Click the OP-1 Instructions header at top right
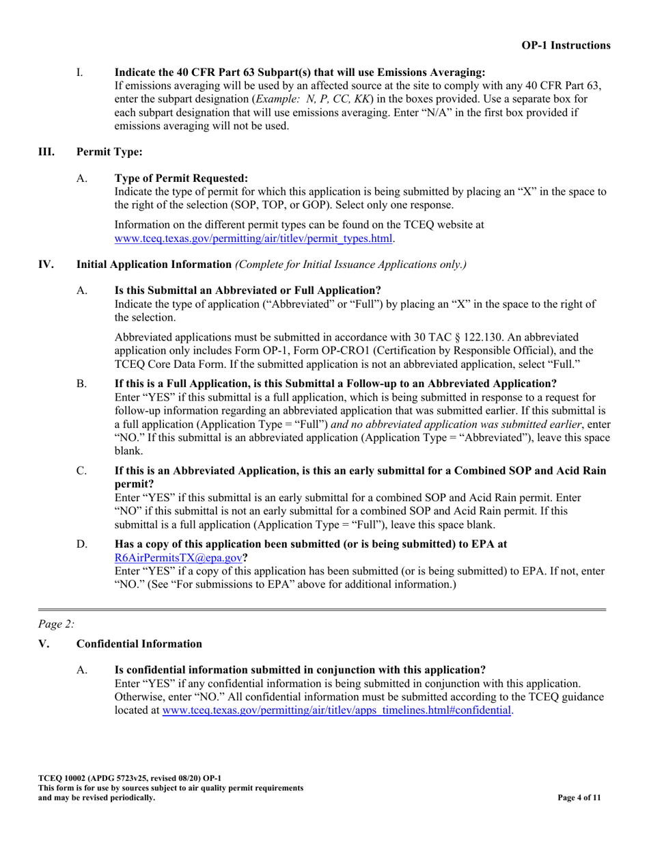(x=566, y=45)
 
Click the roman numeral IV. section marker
(x=46, y=265)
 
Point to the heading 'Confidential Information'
(x=139, y=643)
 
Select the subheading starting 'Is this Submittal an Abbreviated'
(x=247, y=291)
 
